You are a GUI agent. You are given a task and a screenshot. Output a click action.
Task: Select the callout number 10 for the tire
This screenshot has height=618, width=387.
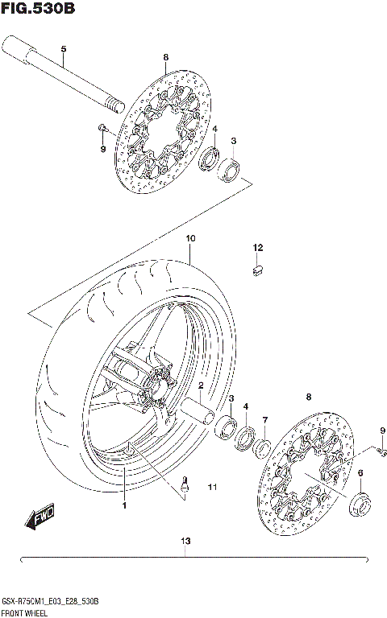click(x=190, y=238)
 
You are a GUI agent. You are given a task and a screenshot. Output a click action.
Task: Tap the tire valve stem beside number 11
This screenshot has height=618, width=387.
click(x=188, y=485)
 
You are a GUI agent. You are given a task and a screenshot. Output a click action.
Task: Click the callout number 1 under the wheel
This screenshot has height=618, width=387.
click(x=125, y=506)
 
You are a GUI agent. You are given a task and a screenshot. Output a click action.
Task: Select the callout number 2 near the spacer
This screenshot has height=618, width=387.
click(x=201, y=385)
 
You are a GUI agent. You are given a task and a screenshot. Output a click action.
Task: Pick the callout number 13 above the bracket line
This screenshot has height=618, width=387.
click(x=186, y=541)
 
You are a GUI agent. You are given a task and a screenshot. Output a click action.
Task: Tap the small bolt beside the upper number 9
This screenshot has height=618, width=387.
click(x=102, y=128)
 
